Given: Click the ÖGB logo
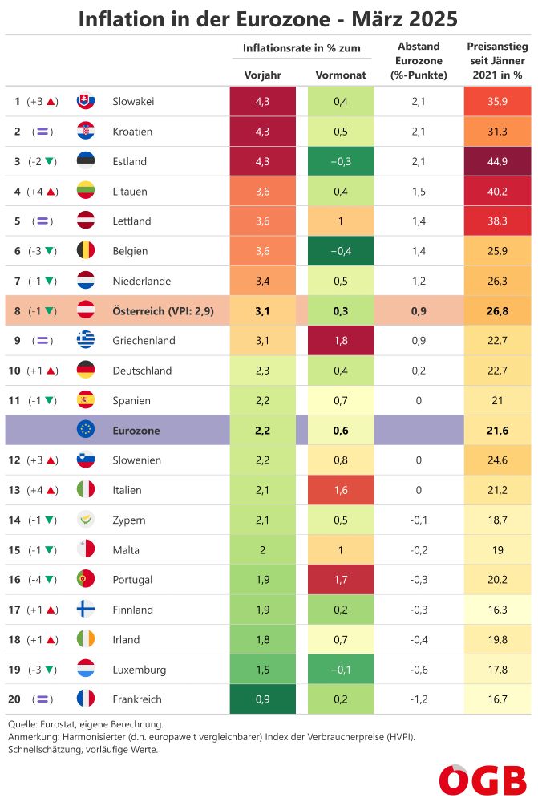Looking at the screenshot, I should click(482, 779).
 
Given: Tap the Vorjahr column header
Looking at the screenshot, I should click(262, 75).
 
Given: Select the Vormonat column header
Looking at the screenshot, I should click(340, 75).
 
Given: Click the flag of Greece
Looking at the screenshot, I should click(86, 341).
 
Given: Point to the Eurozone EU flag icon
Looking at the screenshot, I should click(86, 430).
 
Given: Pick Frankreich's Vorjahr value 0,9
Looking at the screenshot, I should click(262, 699).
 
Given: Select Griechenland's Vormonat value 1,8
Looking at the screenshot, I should click(340, 341).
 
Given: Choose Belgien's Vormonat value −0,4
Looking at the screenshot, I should click(340, 251).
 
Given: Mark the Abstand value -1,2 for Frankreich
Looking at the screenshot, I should click(418, 699).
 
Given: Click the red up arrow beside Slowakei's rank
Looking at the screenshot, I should click(51, 102).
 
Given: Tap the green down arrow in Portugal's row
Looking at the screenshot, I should click(51, 580).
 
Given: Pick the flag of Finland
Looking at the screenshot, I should click(86, 610).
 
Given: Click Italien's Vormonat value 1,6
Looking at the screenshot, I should click(340, 490).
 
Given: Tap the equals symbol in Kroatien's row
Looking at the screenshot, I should click(42, 132).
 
